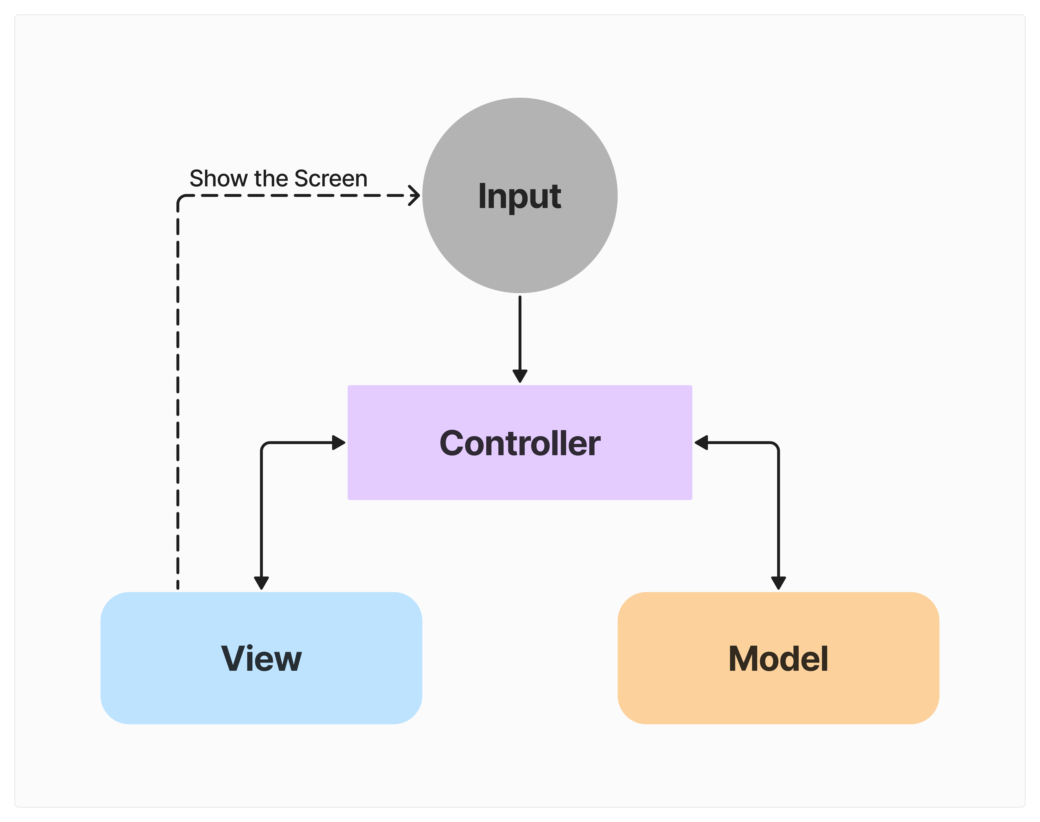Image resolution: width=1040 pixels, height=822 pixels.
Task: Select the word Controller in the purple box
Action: pyautogui.click(x=519, y=443)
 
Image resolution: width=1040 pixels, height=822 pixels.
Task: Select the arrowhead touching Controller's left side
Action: pyautogui.click(x=339, y=442)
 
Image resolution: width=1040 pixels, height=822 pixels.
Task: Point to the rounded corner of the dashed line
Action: pyautogui.click(x=181, y=199)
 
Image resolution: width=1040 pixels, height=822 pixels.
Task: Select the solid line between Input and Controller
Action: pyautogui.click(x=519, y=332)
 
